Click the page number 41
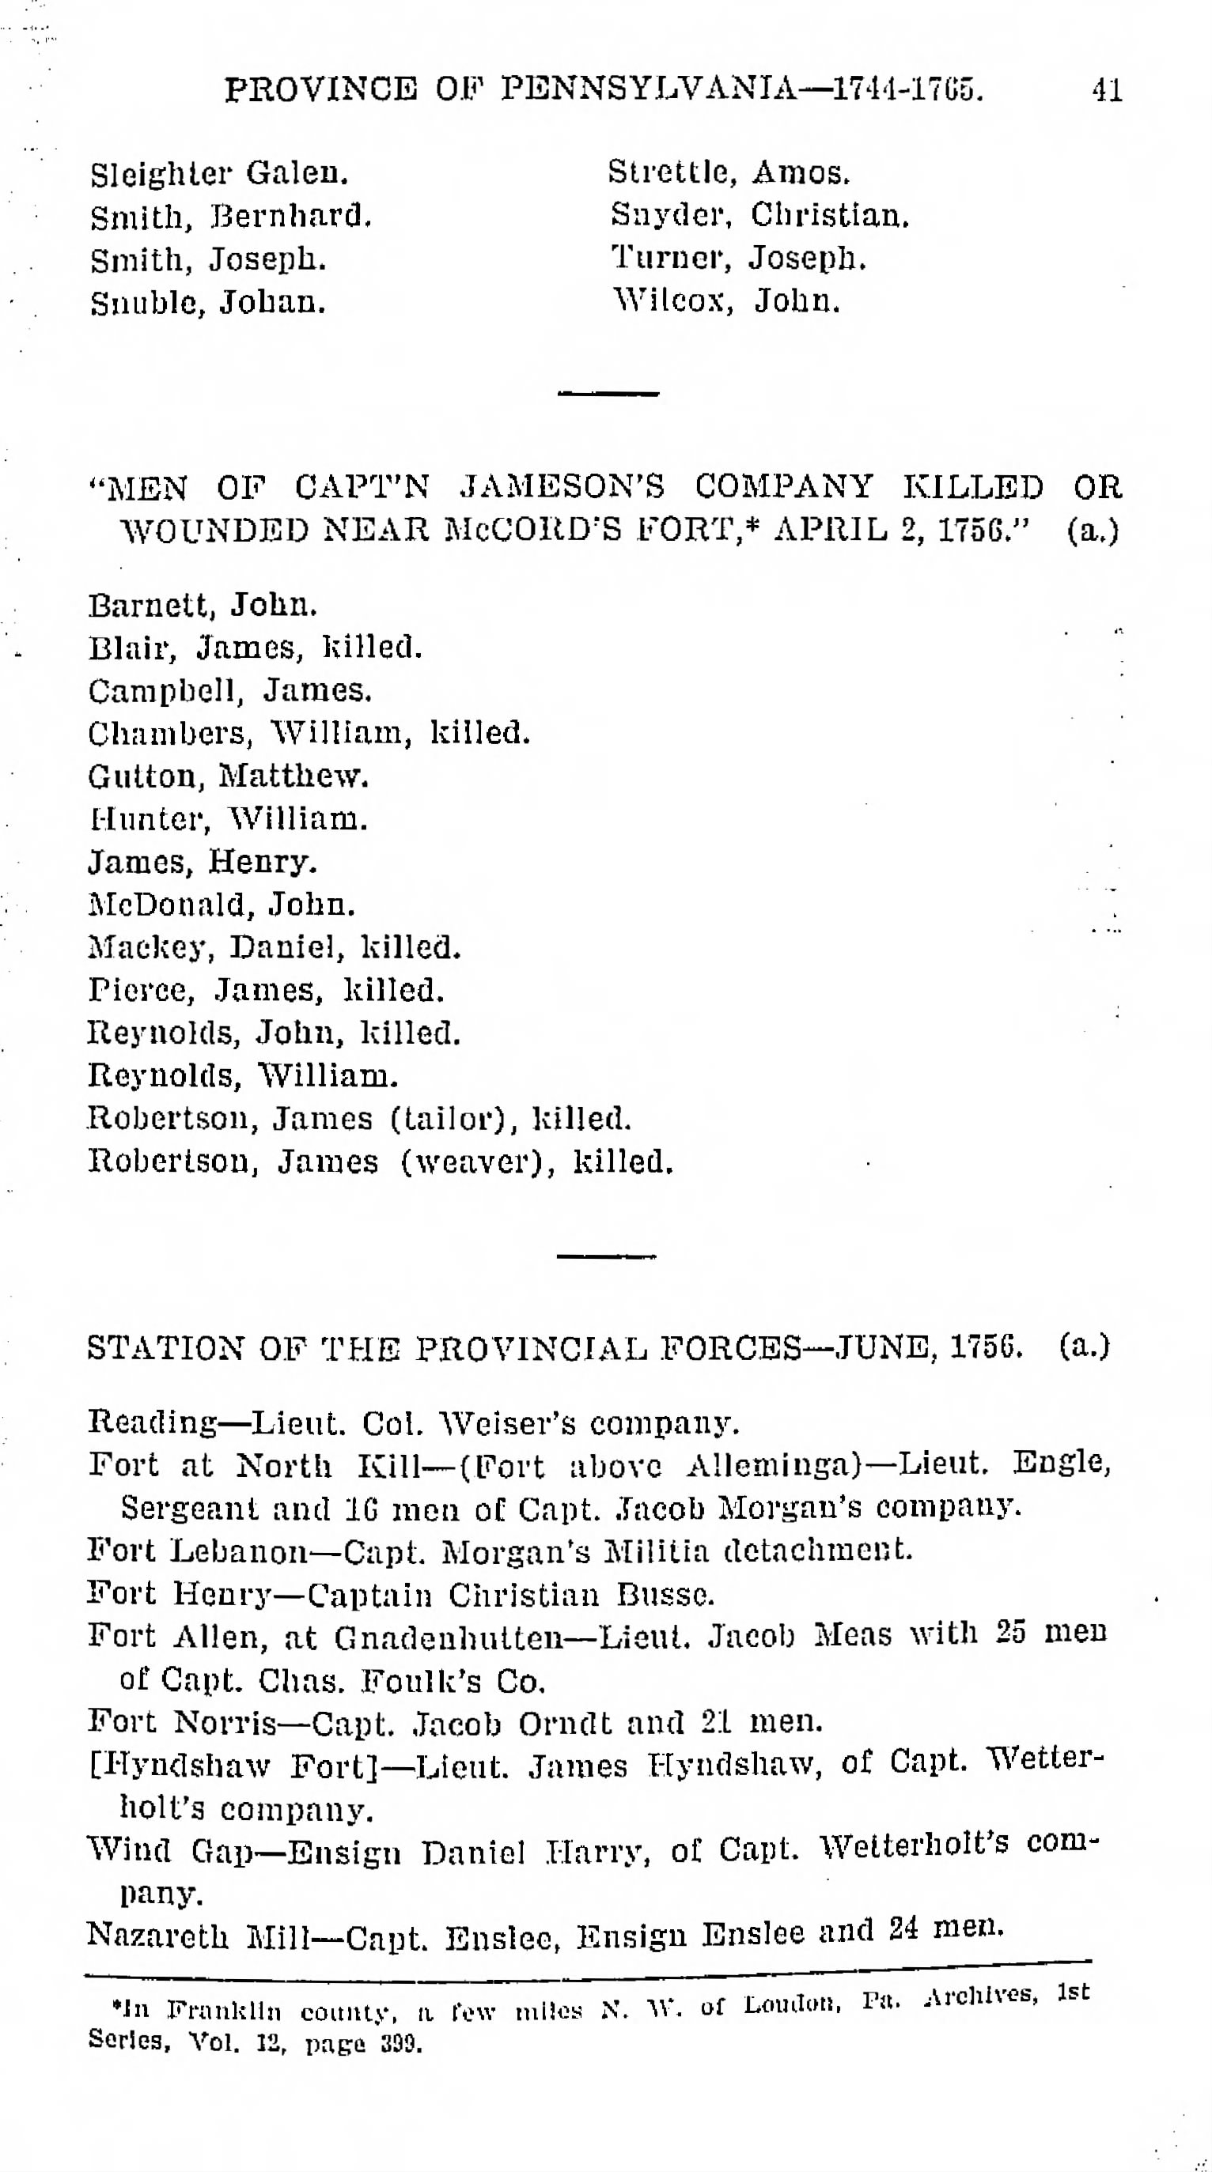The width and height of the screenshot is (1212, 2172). (1107, 89)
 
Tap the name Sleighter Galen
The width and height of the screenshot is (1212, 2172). (219, 174)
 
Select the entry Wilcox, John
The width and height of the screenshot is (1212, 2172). (726, 300)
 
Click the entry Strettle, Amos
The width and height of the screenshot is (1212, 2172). (729, 172)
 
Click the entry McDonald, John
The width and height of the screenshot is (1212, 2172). (221, 905)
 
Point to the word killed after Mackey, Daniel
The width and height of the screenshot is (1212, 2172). (411, 948)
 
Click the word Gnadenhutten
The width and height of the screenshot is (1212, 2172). (448, 1637)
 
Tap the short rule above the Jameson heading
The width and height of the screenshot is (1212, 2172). (608, 393)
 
